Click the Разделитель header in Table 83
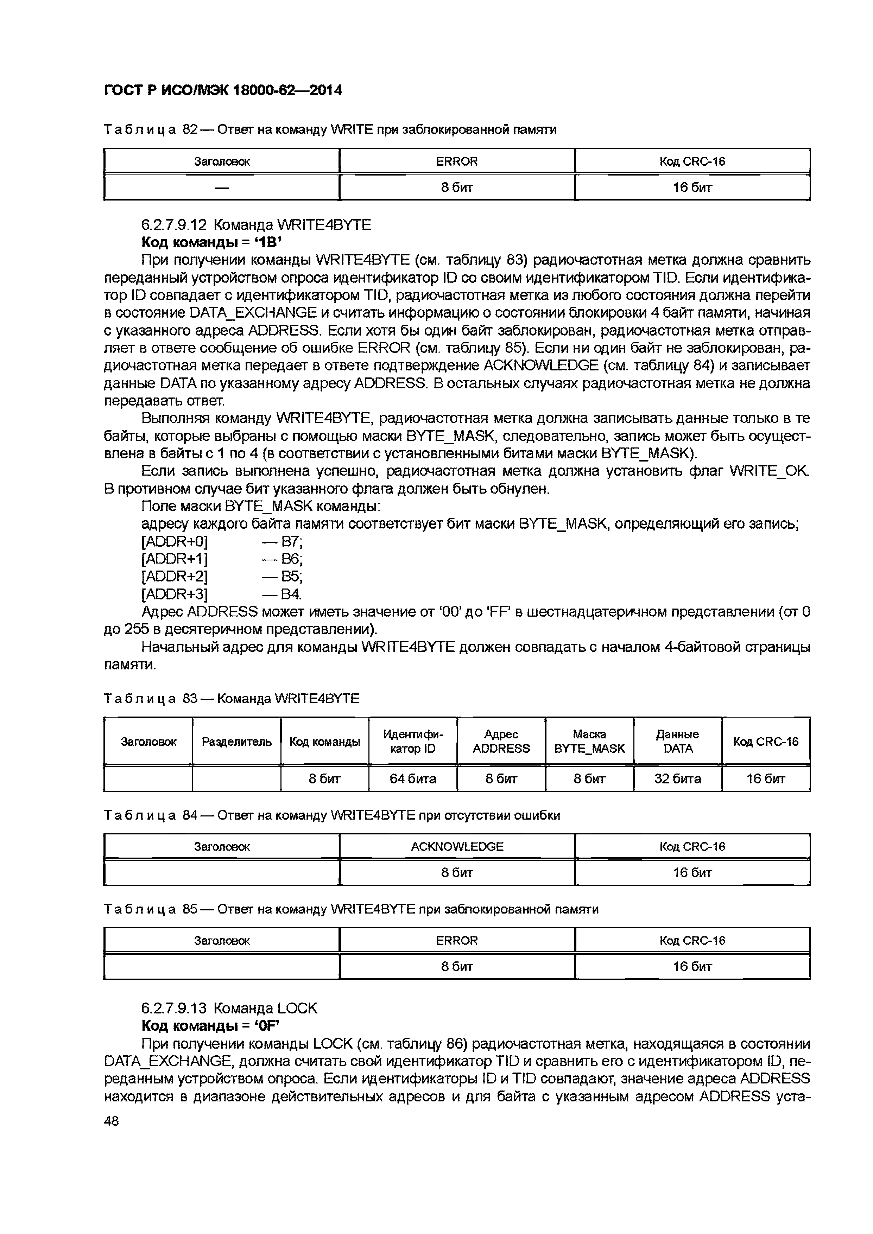point(236,742)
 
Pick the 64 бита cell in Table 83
point(413,779)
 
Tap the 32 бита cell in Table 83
point(677,779)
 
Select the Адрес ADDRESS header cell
point(501,742)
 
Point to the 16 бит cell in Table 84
point(692,873)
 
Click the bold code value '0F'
point(269,1026)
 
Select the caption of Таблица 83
point(231,699)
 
